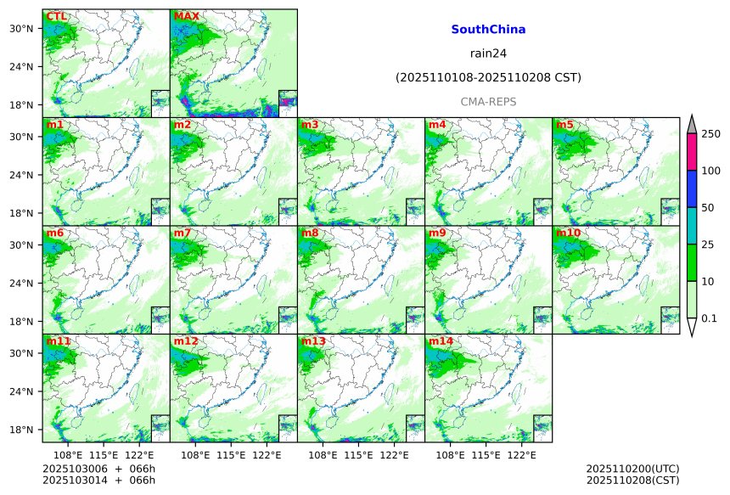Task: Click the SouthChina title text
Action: [x=488, y=30]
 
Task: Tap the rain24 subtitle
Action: [x=488, y=53]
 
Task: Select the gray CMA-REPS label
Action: [x=488, y=102]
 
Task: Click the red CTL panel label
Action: [x=56, y=16]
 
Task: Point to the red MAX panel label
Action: [x=186, y=16]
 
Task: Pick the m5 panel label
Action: [x=564, y=125]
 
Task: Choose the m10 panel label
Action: [x=568, y=233]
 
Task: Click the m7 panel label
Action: [x=182, y=233]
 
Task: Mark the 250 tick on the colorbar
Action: [x=710, y=133]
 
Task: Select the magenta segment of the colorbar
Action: [x=691, y=151]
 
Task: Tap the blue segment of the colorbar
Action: [x=691, y=188]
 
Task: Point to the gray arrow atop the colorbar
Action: [x=691, y=123]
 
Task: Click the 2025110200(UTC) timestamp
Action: [x=632, y=469]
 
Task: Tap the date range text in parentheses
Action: [x=488, y=77]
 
